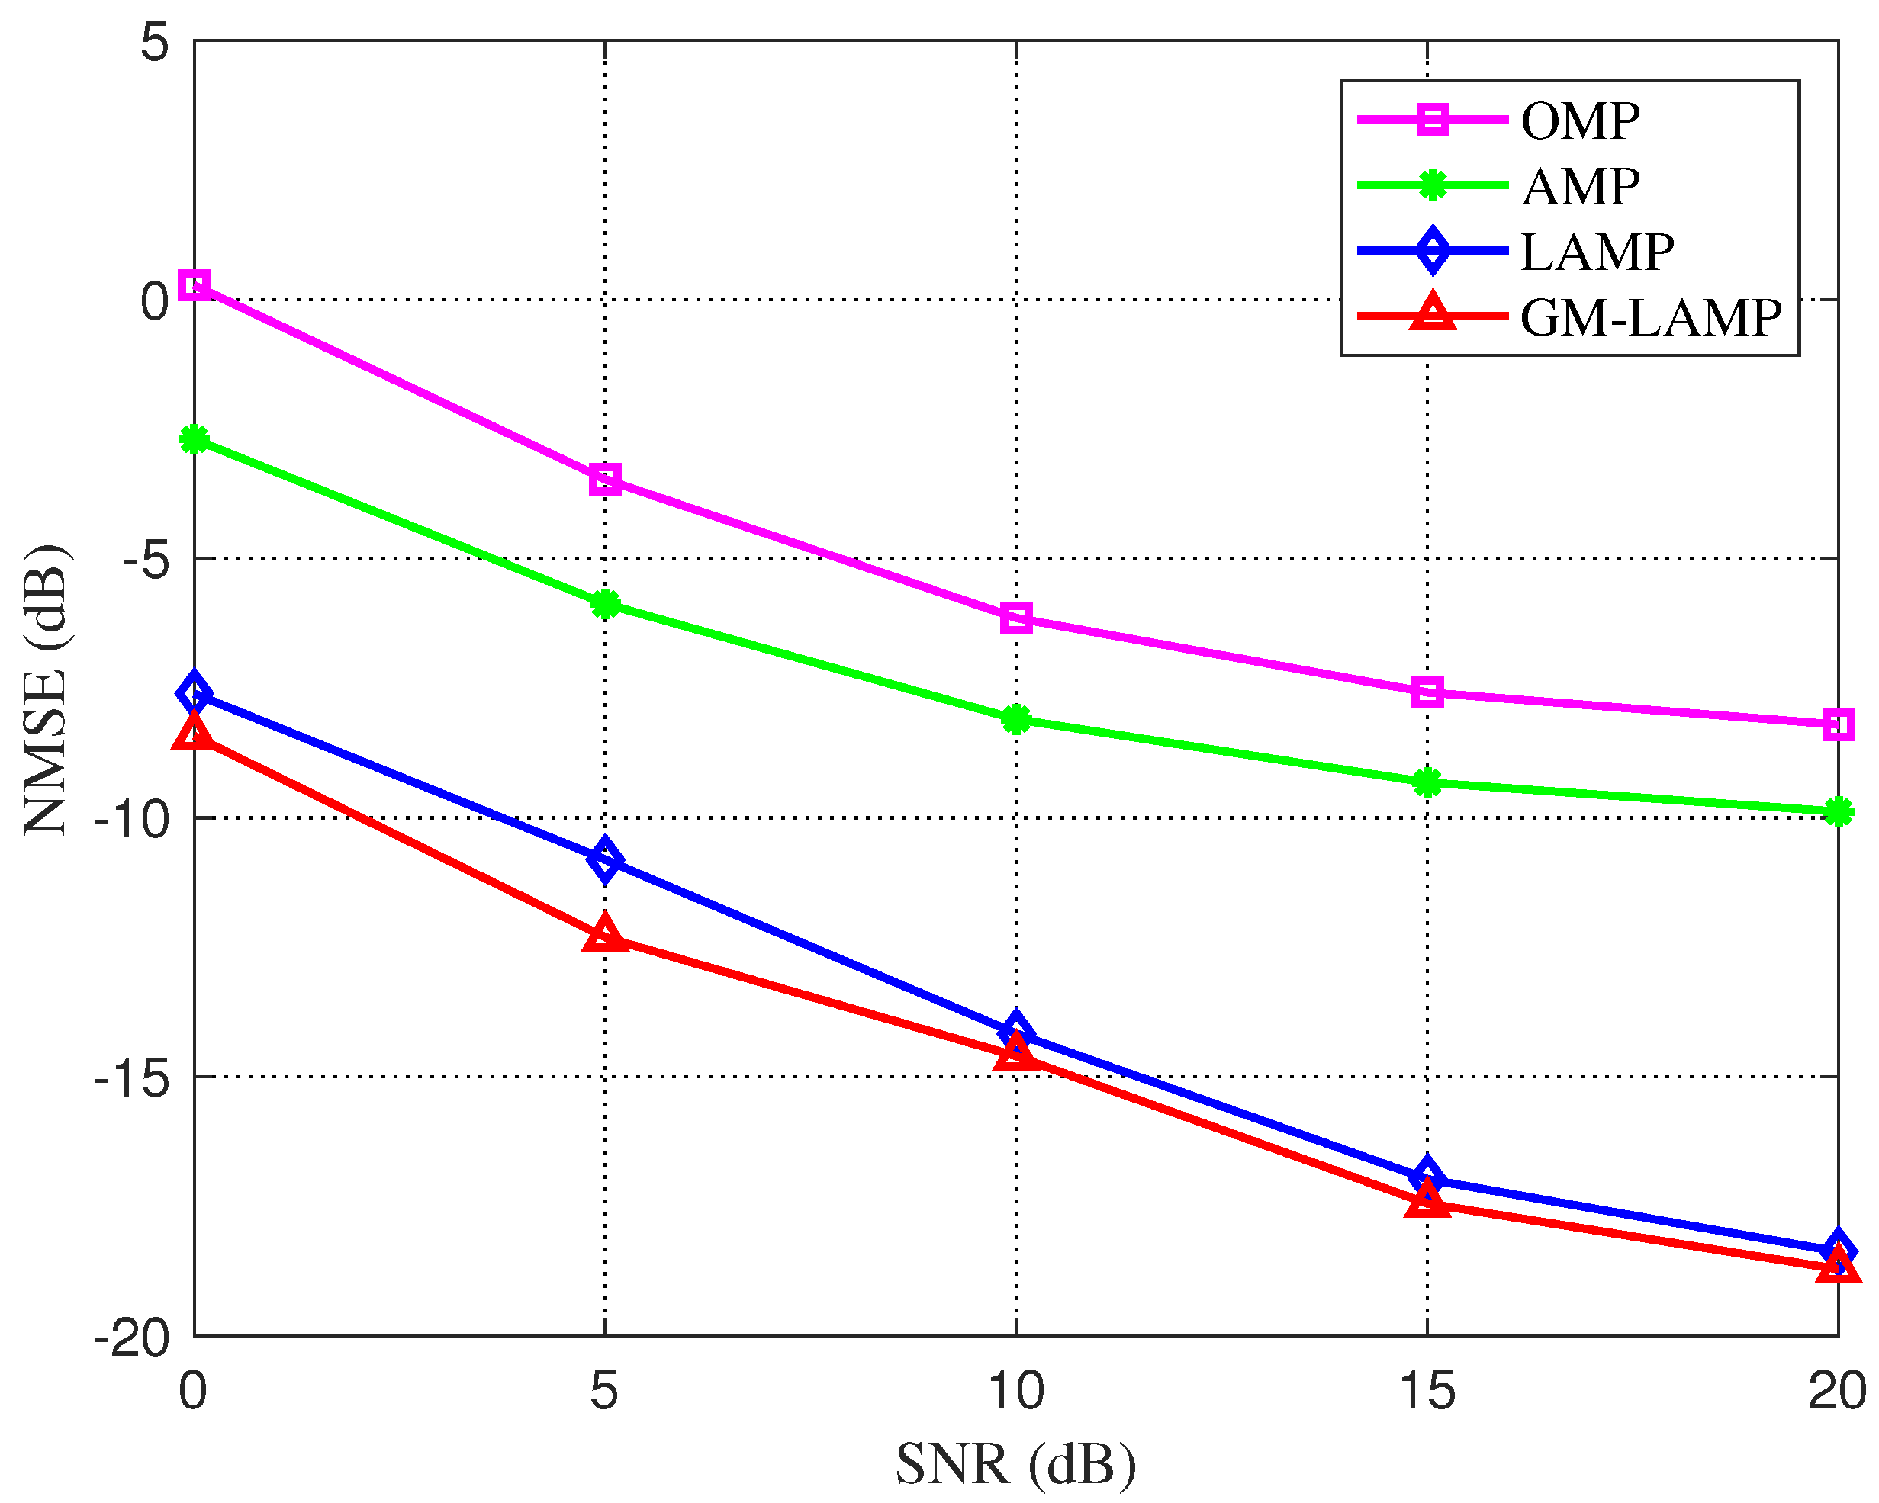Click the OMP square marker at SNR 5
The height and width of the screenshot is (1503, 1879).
605,478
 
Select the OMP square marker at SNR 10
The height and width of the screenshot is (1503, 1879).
1016,618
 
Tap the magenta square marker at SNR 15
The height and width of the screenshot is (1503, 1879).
1427,692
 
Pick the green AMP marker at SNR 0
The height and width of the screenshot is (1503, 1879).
194,439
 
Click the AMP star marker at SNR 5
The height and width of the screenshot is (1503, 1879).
605,604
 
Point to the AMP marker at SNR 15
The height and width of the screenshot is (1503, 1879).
1427,782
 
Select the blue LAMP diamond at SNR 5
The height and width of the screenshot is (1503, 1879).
605,860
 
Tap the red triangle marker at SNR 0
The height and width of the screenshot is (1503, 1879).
194,733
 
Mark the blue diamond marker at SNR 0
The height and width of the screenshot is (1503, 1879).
194,692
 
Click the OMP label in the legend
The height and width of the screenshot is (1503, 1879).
1580,120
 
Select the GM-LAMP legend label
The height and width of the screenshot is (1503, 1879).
1651,317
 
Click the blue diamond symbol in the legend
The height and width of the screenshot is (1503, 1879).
1433,251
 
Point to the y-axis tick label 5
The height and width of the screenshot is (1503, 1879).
154,42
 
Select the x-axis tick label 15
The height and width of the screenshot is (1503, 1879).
1427,1389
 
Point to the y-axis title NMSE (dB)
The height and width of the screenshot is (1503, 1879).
45,689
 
